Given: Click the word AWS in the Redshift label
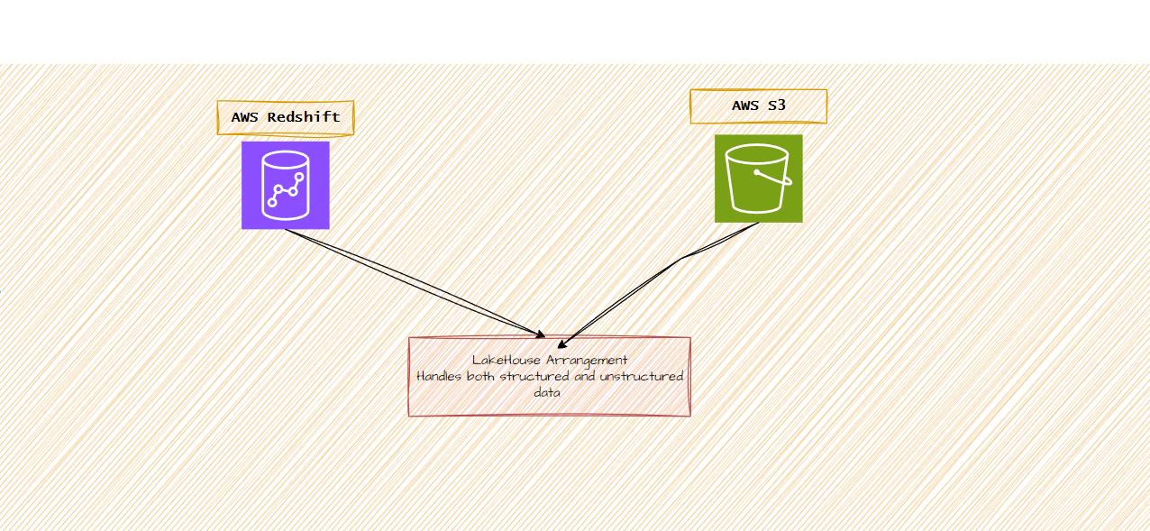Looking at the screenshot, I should (x=246, y=117).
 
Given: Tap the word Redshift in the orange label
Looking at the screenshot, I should (x=304, y=117).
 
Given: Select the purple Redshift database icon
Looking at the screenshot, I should (x=285, y=185).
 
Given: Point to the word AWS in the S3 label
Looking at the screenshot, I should (x=745, y=105).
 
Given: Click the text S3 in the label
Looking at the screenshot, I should (x=777, y=105).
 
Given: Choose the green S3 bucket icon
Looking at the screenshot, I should (x=758, y=178).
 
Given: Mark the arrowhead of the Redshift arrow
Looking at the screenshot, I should (x=540, y=334).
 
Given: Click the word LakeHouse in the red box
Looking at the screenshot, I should (x=507, y=361).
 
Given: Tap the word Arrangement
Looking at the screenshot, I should (x=587, y=361).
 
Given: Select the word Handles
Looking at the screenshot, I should (x=440, y=377).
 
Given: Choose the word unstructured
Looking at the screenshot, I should (x=642, y=377).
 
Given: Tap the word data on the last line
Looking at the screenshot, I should (x=547, y=393).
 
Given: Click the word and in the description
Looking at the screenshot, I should (x=585, y=377).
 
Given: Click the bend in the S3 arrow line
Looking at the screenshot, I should (x=682, y=257).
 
